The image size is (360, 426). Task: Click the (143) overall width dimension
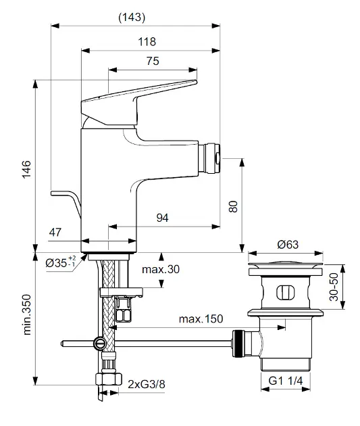(x=132, y=18)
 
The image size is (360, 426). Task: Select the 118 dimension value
(x=147, y=42)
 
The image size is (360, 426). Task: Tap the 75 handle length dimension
(x=153, y=61)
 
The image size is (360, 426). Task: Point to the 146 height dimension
(x=26, y=169)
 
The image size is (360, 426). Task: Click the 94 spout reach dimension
(x=162, y=218)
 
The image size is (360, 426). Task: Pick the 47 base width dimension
(x=55, y=233)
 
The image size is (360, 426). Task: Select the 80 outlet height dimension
(x=233, y=206)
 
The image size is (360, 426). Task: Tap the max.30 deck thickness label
(x=161, y=269)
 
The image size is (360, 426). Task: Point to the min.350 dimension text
(x=27, y=314)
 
